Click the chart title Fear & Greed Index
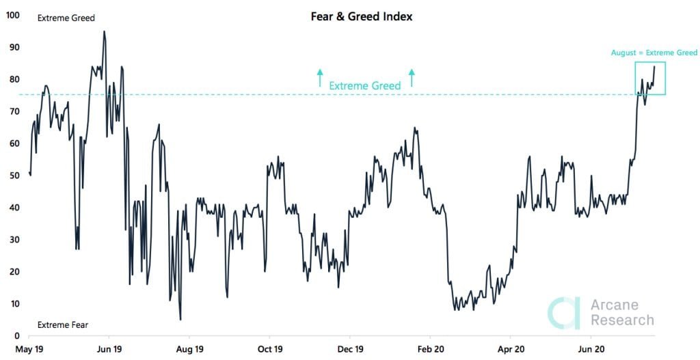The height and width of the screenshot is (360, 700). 362,16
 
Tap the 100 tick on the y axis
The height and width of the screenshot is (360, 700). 12,14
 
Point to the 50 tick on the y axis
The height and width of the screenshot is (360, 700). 14,175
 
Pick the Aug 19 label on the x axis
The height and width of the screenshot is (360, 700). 189,348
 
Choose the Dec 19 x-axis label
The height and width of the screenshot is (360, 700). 350,348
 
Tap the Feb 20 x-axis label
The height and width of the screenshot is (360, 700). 430,348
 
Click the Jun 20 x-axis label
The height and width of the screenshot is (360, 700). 591,348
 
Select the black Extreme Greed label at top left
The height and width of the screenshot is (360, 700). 66,18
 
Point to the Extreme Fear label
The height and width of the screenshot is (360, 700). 62,325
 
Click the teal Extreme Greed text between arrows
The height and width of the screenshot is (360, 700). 365,86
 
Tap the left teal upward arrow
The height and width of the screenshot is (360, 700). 319,77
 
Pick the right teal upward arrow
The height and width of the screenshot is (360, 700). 412,77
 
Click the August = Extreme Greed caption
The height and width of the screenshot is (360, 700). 654,53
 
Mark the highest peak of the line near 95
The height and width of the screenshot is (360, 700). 104,31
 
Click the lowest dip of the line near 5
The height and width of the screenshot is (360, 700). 180,319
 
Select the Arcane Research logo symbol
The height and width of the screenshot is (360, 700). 564,312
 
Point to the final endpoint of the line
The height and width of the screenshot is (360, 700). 654,66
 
